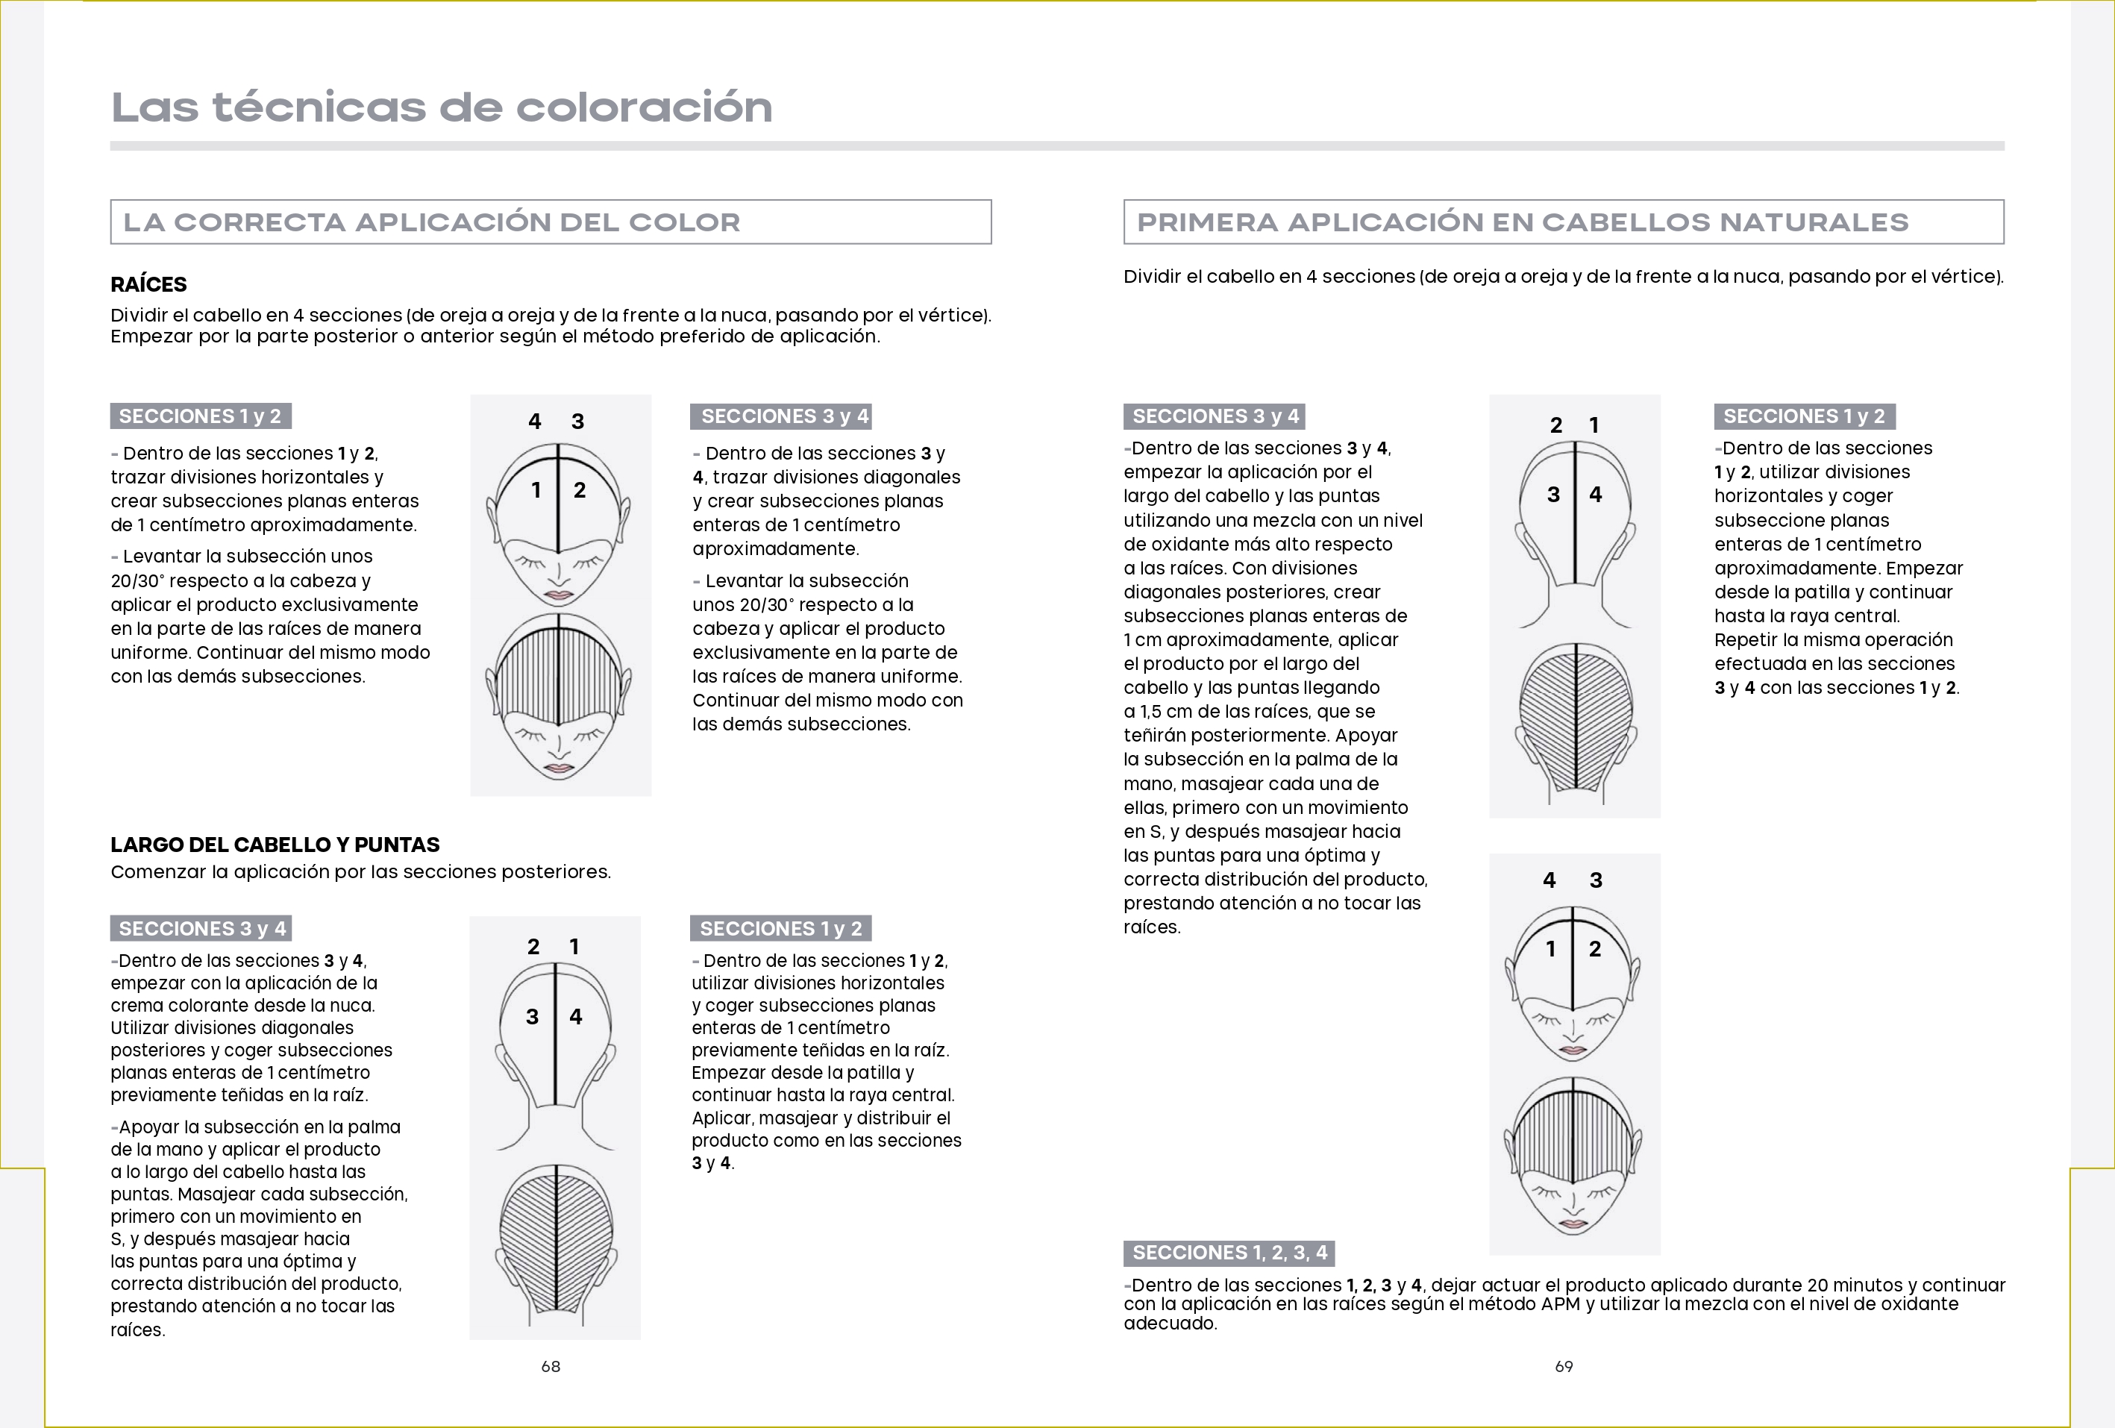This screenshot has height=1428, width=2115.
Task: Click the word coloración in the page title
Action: click(x=643, y=107)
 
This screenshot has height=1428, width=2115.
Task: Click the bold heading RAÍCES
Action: click(x=148, y=284)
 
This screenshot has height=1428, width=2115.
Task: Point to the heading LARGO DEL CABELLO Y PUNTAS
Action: click(x=275, y=845)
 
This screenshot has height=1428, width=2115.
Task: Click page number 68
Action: click(x=551, y=1366)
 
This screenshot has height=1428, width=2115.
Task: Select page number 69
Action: click(x=1564, y=1366)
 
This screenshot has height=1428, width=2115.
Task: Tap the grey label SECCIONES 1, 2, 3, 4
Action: click(x=1229, y=1253)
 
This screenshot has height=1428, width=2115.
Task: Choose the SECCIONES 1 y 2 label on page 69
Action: click(x=1804, y=416)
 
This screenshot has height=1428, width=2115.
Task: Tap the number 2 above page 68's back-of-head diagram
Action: click(x=533, y=947)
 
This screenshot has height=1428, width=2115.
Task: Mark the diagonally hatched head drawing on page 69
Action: click(x=1574, y=719)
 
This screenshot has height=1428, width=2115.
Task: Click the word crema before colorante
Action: click(x=138, y=1005)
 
